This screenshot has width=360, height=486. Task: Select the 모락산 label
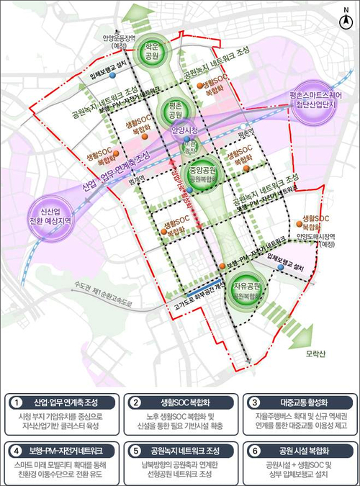point(315,356)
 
